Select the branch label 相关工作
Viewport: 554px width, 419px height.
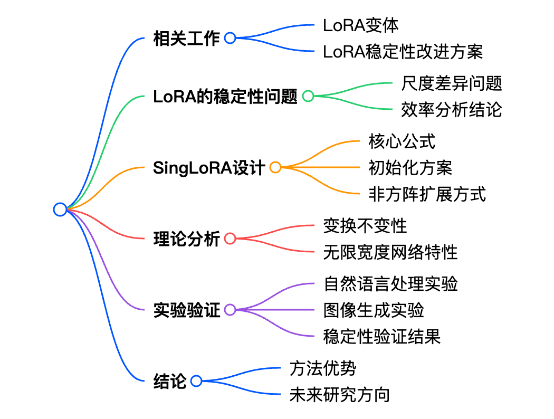(186, 38)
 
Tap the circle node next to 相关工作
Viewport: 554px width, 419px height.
(230, 38)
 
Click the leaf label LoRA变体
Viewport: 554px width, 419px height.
(361, 25)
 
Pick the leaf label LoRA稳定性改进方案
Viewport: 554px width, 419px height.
(403, 52)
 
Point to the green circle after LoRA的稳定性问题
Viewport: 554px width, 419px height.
(308, 96)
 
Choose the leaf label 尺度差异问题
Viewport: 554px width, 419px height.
(452, 83)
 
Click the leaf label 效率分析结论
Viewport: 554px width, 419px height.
(452, 110)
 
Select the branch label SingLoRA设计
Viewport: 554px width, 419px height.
(209, 167)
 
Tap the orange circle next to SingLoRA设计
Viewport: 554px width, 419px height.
(275, 167)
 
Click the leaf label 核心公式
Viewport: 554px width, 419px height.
(402, 141)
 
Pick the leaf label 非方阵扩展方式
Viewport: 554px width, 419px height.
(427, 194)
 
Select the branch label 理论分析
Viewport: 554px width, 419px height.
(186, 239)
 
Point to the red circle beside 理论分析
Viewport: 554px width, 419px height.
(230, 239)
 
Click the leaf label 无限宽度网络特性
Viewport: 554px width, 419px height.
(390, 252)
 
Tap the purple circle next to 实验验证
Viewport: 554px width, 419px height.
(230, 310)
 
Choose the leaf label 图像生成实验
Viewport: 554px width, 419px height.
(374, 310)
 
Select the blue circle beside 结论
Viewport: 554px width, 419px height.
(196, 381)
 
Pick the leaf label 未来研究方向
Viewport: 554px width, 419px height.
(340, 395)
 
